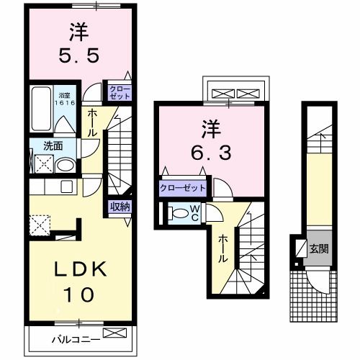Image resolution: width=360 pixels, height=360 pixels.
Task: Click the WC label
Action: (195, 213)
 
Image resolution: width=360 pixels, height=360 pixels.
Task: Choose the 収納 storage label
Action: (120, 207)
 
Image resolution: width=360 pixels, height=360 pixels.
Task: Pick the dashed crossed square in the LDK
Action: (40, 225)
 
